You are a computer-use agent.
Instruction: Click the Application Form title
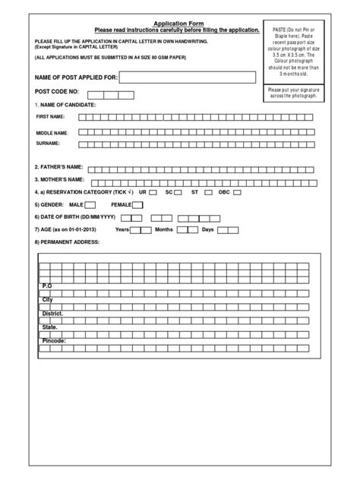pyautogui.click(x=179, y=24)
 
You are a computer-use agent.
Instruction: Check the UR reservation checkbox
pyautogui.click(x=153, y=192)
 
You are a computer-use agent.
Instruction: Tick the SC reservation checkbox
pyautogui.click(x=178, y=192)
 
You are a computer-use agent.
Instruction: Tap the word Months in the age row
pyautogui.click(x=164, y=229)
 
